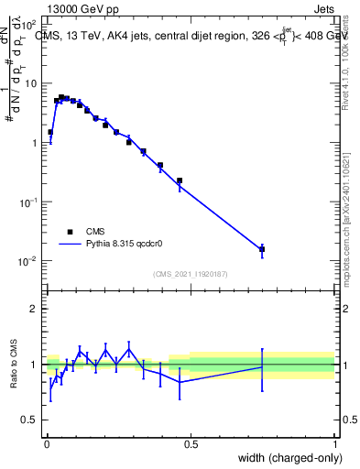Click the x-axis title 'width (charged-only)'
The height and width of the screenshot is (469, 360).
point(284,457)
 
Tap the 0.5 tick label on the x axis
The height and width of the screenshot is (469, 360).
point(191,443)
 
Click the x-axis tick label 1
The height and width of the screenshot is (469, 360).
point(335,443)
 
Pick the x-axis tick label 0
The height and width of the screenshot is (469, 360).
point(46,443)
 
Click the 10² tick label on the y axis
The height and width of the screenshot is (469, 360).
point(28,25)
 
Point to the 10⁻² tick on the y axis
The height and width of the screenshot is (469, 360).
point(27,261)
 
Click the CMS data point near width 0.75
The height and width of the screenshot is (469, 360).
point(262,249)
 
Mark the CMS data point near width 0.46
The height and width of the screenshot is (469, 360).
point(180,180)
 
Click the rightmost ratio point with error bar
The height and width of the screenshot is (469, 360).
point(262,366)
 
